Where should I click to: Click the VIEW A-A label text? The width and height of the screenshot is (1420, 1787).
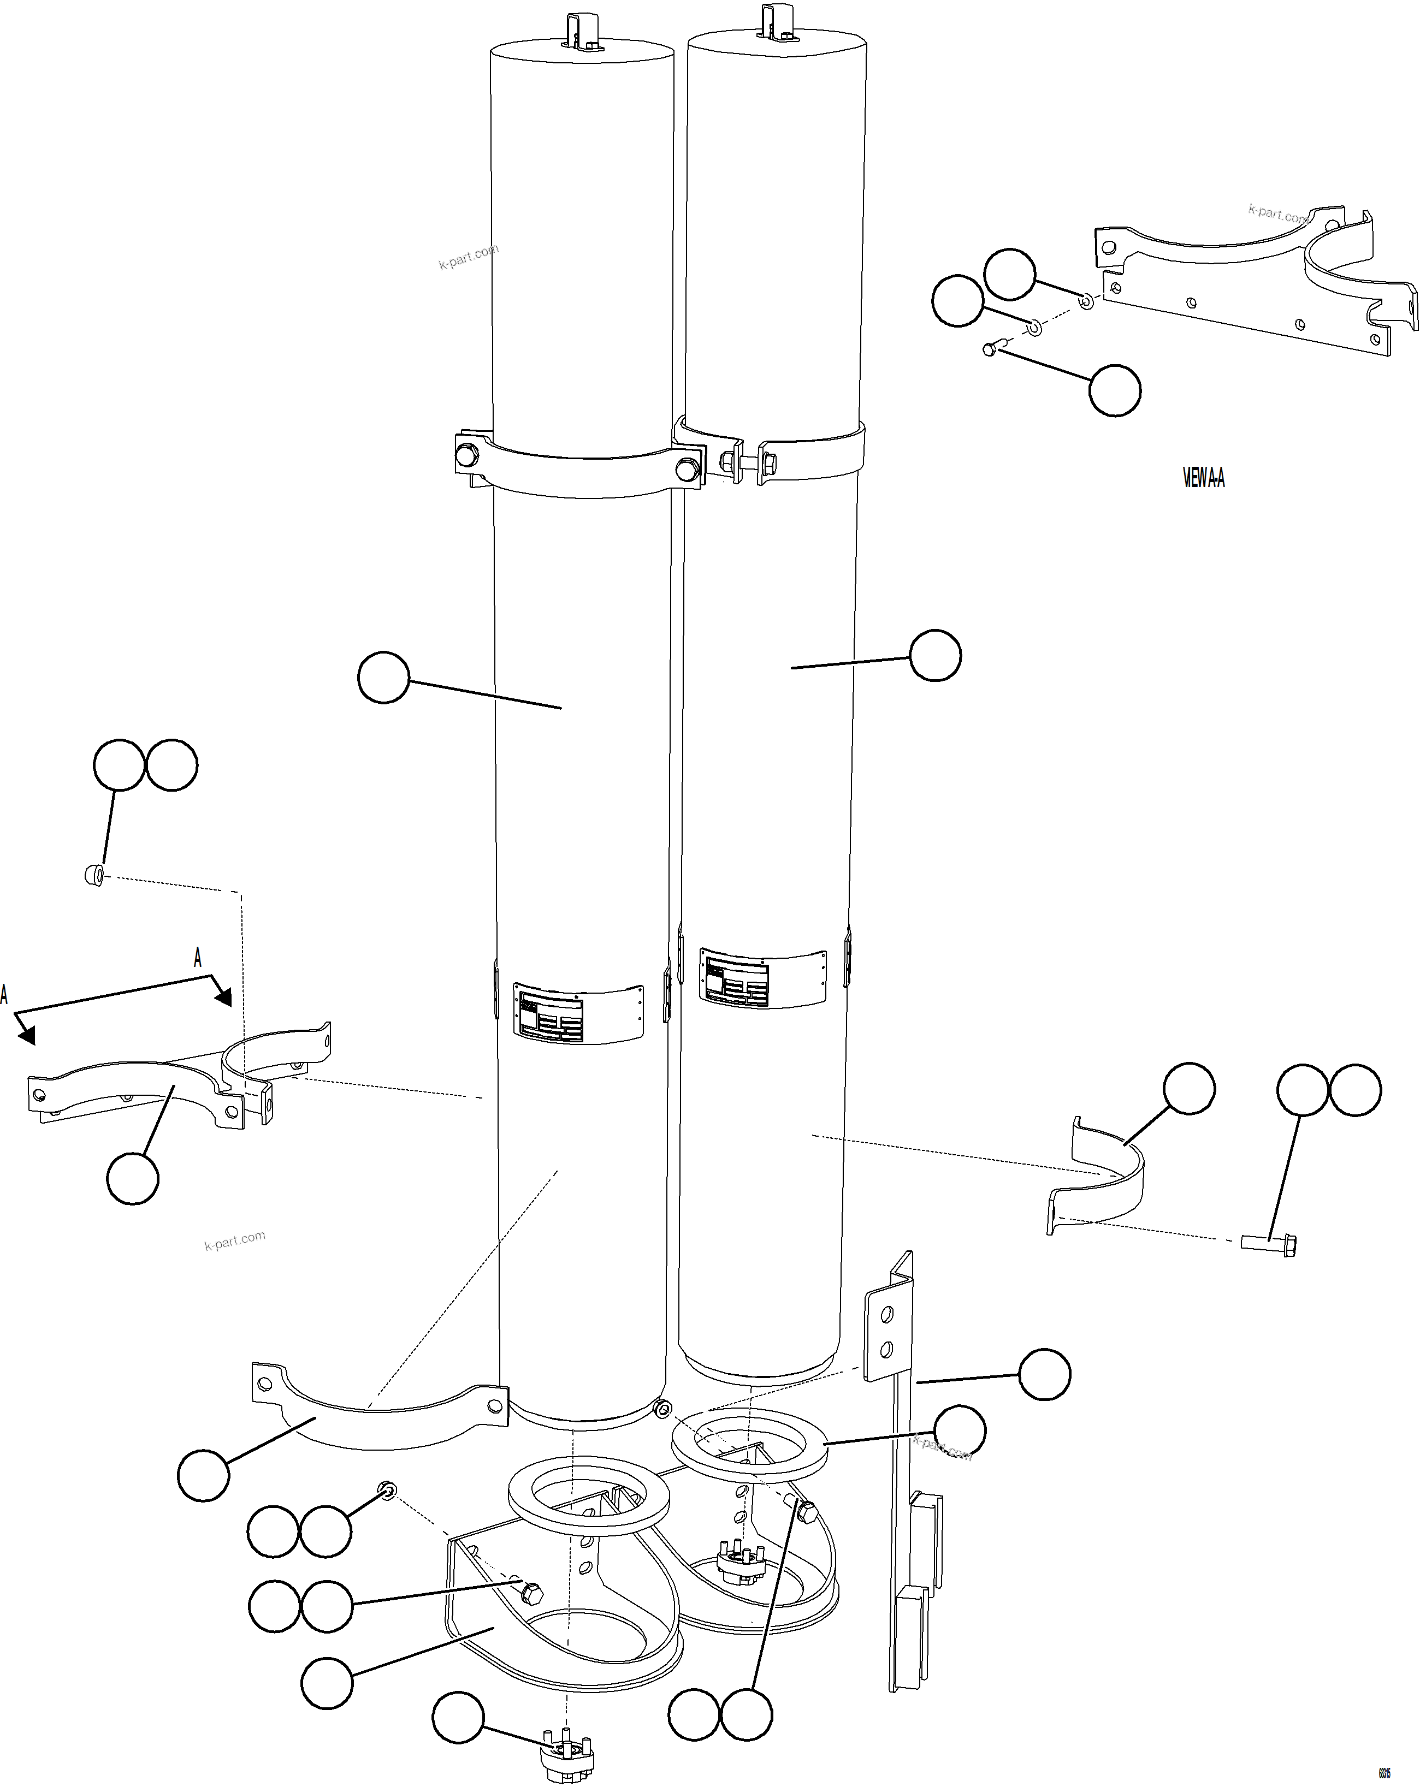[x=1203, y=478]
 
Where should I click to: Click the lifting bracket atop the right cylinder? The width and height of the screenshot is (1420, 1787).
[x=777, y=23]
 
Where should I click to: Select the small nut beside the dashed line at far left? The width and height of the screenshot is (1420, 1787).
[x=94, y=875]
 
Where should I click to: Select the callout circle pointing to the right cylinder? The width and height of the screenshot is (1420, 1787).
[x=935, y=656]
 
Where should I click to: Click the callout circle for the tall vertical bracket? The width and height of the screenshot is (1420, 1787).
[x=1044, y=1374]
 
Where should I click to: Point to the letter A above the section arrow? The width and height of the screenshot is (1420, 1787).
[x=197, y=958]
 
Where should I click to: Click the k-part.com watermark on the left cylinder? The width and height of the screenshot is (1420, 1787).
[x=469, y=257]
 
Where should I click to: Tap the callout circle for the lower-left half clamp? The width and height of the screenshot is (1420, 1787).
[x=203, y=1475]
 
